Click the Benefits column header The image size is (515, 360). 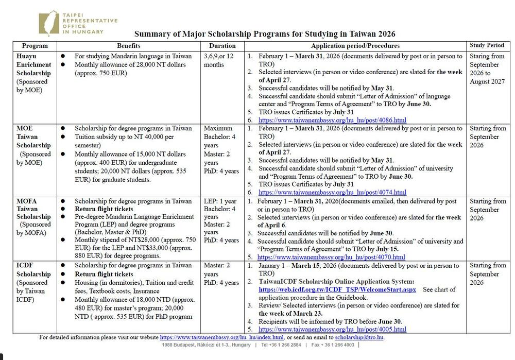click(x=129, y=46)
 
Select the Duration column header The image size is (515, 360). click(x=222, y=46)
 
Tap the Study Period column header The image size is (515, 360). click(x=487, y=45)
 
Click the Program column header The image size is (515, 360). click(x=35, y=46)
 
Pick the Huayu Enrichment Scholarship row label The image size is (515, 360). click(x=33, y=65)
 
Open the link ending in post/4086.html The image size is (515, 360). click(x=332, y=120)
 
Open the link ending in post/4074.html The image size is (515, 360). click(x=332, y=192)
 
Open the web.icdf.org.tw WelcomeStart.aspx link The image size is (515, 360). click(x=337, y=289)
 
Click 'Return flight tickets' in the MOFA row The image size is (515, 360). click(x=104, y=209)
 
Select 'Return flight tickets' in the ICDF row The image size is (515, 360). click(x=104, y=274)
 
